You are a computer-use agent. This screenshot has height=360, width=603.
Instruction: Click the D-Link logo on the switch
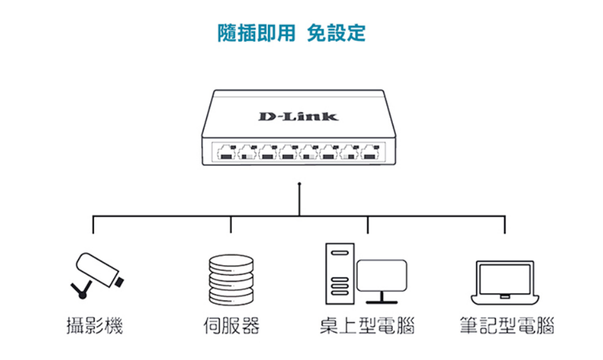click(x=299, y=116)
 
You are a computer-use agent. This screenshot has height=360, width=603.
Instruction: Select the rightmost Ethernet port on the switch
click(x=370, y=152)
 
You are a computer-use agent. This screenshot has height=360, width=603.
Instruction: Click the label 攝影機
click(x=94, y=325)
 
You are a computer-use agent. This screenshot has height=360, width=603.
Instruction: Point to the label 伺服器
click(x=231, y=325)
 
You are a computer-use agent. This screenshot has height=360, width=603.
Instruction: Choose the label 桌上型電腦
click(x=367, y=325)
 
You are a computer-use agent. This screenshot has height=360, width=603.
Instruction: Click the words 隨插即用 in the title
click(x=256, y=33)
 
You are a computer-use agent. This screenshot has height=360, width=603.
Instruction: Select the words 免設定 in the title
click(x=336, y=33)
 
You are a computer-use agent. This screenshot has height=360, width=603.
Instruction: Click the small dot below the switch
click(x=299, y=184)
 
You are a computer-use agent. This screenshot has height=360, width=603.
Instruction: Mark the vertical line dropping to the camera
click(x=94, y=225)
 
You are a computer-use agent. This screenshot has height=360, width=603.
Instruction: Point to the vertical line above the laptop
click(x=504, y=225)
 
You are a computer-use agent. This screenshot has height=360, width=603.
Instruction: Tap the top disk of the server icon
click(x=231, y=263)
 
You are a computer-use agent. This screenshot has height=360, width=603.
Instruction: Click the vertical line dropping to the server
click(x=231, y=225)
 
